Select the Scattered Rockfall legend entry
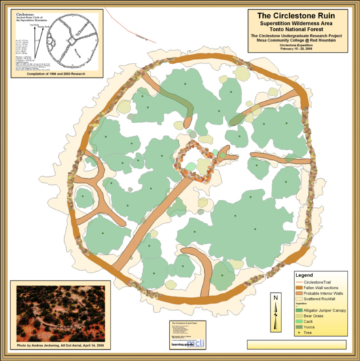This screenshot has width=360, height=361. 317,297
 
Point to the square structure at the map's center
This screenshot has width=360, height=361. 194,161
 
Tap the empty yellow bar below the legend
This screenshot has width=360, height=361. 296,344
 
